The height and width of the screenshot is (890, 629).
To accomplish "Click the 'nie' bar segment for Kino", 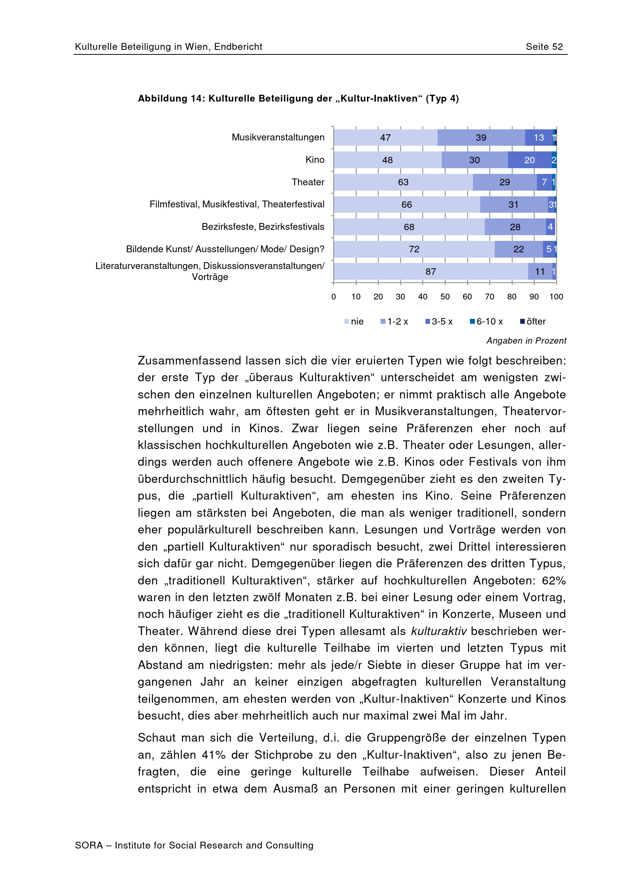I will coord(387,160).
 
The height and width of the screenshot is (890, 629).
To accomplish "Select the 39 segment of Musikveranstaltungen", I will coord(481,138).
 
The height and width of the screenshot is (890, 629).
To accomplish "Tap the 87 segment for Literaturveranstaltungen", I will coord(431,271).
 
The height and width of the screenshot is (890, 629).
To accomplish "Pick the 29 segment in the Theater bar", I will coord(504,182).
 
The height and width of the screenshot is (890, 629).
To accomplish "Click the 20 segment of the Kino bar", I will coord(529,160).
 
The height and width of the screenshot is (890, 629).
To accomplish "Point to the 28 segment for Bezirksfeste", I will coord(515,227).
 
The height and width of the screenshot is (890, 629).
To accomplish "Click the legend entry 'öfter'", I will coord(533,322).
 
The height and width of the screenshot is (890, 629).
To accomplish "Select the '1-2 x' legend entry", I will coord(395,322).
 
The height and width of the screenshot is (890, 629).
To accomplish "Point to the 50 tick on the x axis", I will coord(445,296).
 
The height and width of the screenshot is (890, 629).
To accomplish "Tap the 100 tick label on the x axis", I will coord(556,296).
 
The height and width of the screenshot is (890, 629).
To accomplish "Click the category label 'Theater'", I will coord(308,182).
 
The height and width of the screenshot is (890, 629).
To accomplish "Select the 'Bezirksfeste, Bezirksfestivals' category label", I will coord(263,227).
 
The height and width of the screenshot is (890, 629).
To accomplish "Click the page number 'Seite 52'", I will coord(544,47).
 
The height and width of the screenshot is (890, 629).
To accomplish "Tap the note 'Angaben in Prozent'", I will coord(526,341).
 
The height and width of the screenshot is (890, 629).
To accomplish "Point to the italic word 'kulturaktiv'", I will coord(439,631).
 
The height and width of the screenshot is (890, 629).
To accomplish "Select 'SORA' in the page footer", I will coord(89,845).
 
